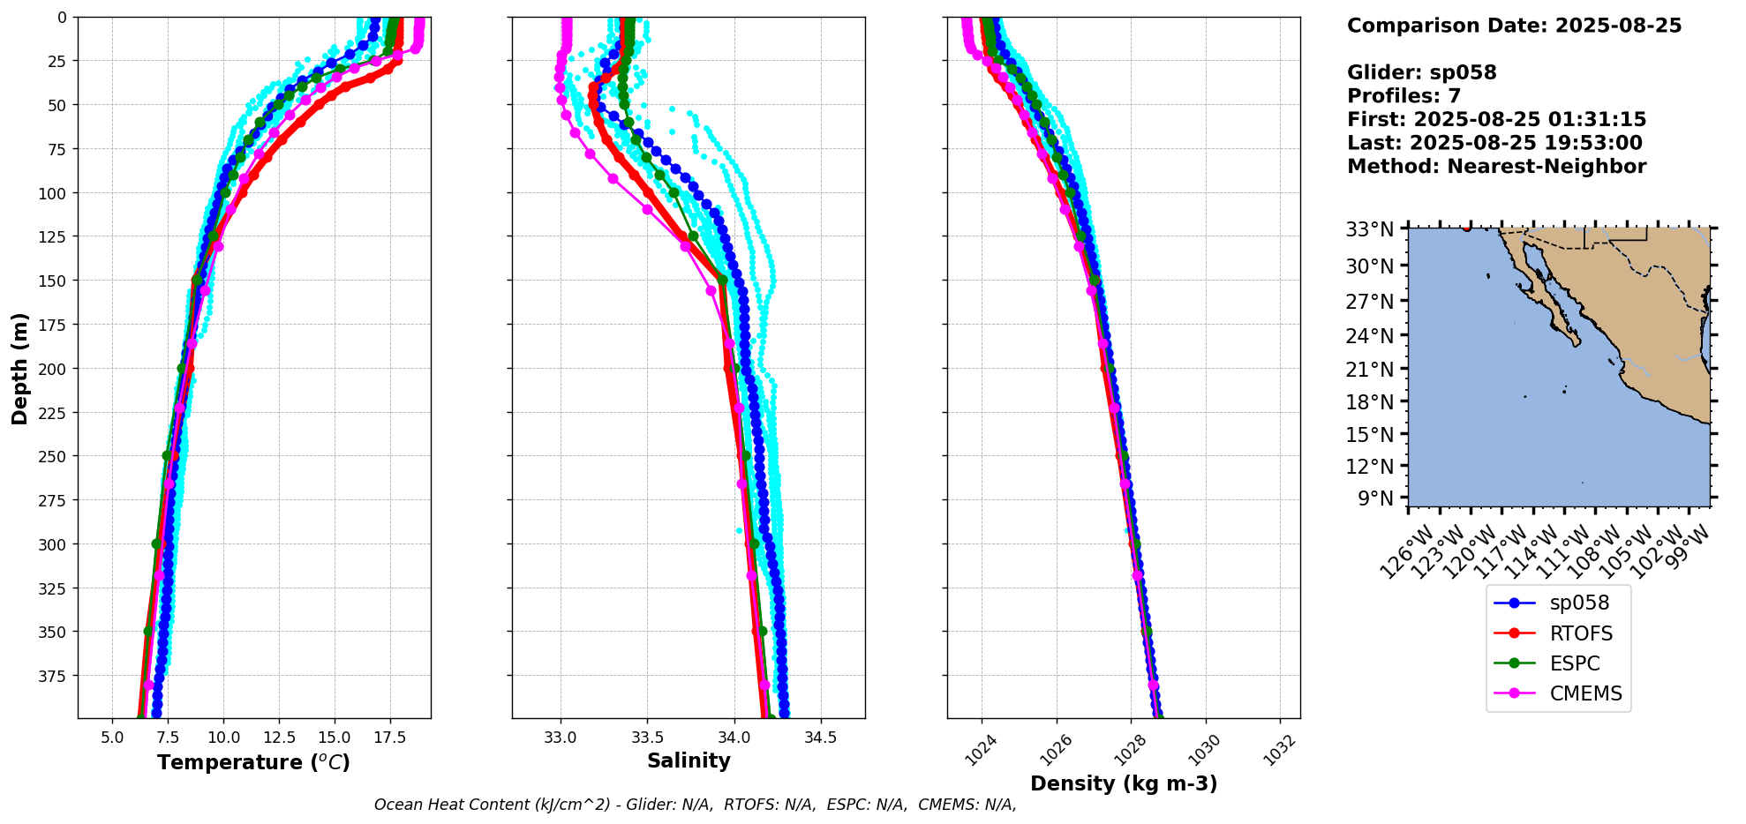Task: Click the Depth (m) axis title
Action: click(x=19, y=368)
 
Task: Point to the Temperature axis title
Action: click(x=253, y=762)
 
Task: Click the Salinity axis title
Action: click(x=689, y=761)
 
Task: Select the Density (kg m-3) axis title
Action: click(x=1124, y=783)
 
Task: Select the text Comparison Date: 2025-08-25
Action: click(x=1514, y=26)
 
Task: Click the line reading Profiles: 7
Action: click(x=1404, y=96)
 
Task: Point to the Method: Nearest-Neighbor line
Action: click(x=1496, y=167)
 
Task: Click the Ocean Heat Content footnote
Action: click(x=695, y=805)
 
